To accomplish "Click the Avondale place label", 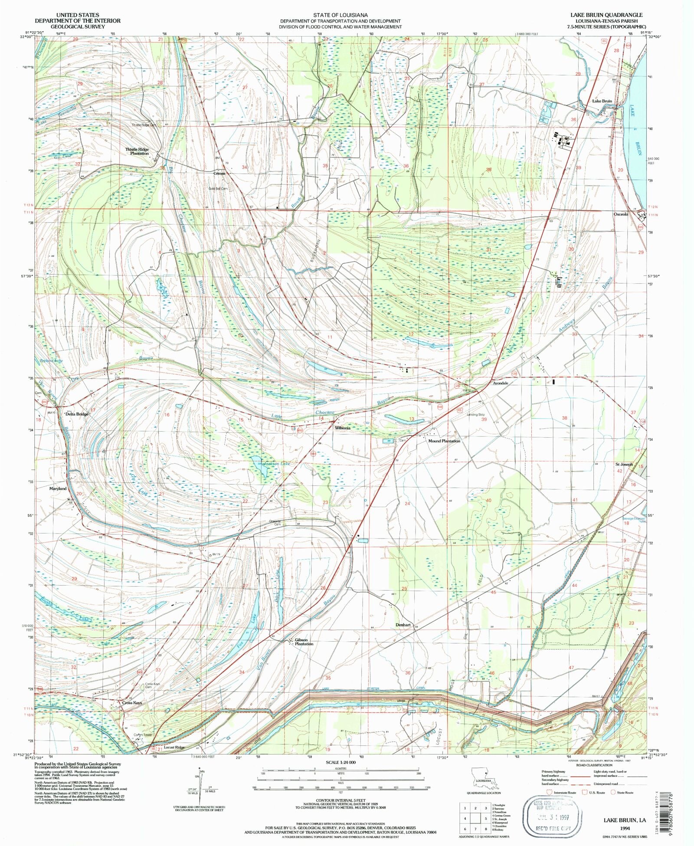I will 500,383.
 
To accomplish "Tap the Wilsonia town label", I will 342,428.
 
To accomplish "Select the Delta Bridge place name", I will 77,414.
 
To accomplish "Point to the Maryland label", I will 58,489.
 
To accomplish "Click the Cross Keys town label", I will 132,702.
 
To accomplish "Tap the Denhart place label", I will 403,625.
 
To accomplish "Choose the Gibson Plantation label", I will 304,642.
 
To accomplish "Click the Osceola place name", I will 621,214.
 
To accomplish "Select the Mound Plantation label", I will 444,441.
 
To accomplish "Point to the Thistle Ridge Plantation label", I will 137,151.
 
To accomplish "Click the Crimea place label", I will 219,173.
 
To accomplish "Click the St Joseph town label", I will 624,464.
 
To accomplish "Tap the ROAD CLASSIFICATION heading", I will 594,765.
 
